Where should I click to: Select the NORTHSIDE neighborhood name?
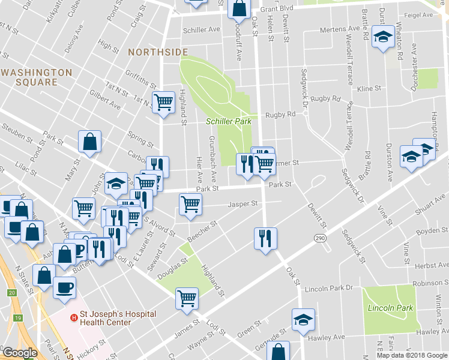[x=158, y=53]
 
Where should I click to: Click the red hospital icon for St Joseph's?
[x=73, y=317]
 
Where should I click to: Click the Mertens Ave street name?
[x=340, y=29]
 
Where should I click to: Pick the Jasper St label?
[x=243, y=204]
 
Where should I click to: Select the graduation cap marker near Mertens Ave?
[x=381, y=38]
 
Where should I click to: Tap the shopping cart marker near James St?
[x=187, y=297]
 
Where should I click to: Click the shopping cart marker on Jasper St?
[x=190, y=203]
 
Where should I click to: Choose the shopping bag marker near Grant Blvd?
[x=239, y=8]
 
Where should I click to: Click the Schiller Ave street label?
[x=202, y=30]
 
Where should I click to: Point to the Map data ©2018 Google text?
[x=411, y=355]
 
